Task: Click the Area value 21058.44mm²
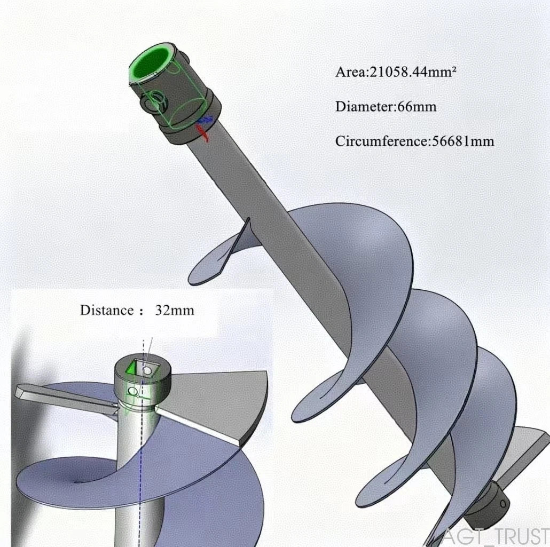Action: click(x=413, y=72)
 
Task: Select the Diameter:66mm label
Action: click(x=386, y=107)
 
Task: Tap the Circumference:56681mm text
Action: click(x=414, y=141)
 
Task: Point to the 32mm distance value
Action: click(x=174, y=310)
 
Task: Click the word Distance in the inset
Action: click(x=107, y=310)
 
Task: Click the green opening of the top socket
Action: click(x=150, y=63)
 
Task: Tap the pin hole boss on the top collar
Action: click(x=155, y=102)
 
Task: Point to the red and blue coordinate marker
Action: click(x=204, y=127)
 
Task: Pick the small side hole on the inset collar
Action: click(x=132, y=391)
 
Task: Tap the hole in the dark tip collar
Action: click(x=503, y=504)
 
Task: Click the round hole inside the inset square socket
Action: click(x=147, y=370)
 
